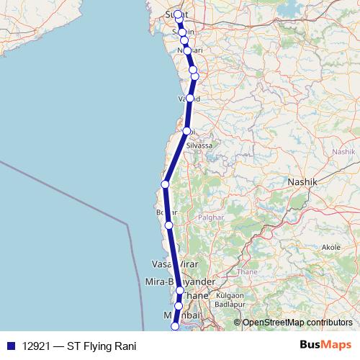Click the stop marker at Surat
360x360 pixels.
[178, 14]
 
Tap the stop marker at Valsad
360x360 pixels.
[189, 98]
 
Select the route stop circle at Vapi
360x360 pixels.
[186, 131]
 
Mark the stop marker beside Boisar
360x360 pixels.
[169, 225]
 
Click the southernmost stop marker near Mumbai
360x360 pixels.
[174, 327]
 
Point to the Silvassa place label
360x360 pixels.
[199, 145]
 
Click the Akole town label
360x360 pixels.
[331, 246]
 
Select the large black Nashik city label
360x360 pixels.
[302, 182]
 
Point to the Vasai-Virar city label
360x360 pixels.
[170, 264]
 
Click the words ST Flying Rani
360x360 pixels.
[102, 346]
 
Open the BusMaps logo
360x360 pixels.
[321, 346]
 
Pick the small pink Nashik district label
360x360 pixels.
[343, 152]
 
